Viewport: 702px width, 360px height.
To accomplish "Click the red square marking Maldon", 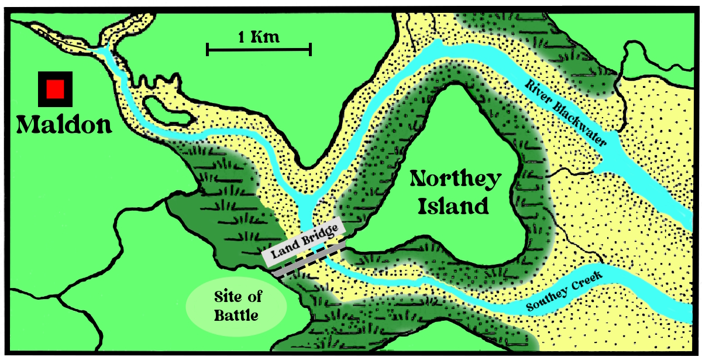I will click(x=55, y=89).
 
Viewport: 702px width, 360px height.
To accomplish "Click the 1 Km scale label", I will click(x=259, y=37).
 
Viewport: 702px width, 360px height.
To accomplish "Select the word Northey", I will click(x=456, y=179).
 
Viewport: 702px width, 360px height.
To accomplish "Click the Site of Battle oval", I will click(x=236, y=306).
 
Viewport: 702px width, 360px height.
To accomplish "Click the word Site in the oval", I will click(x=236, y=296).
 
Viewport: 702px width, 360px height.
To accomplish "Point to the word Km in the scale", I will click(x=267, y=37).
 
